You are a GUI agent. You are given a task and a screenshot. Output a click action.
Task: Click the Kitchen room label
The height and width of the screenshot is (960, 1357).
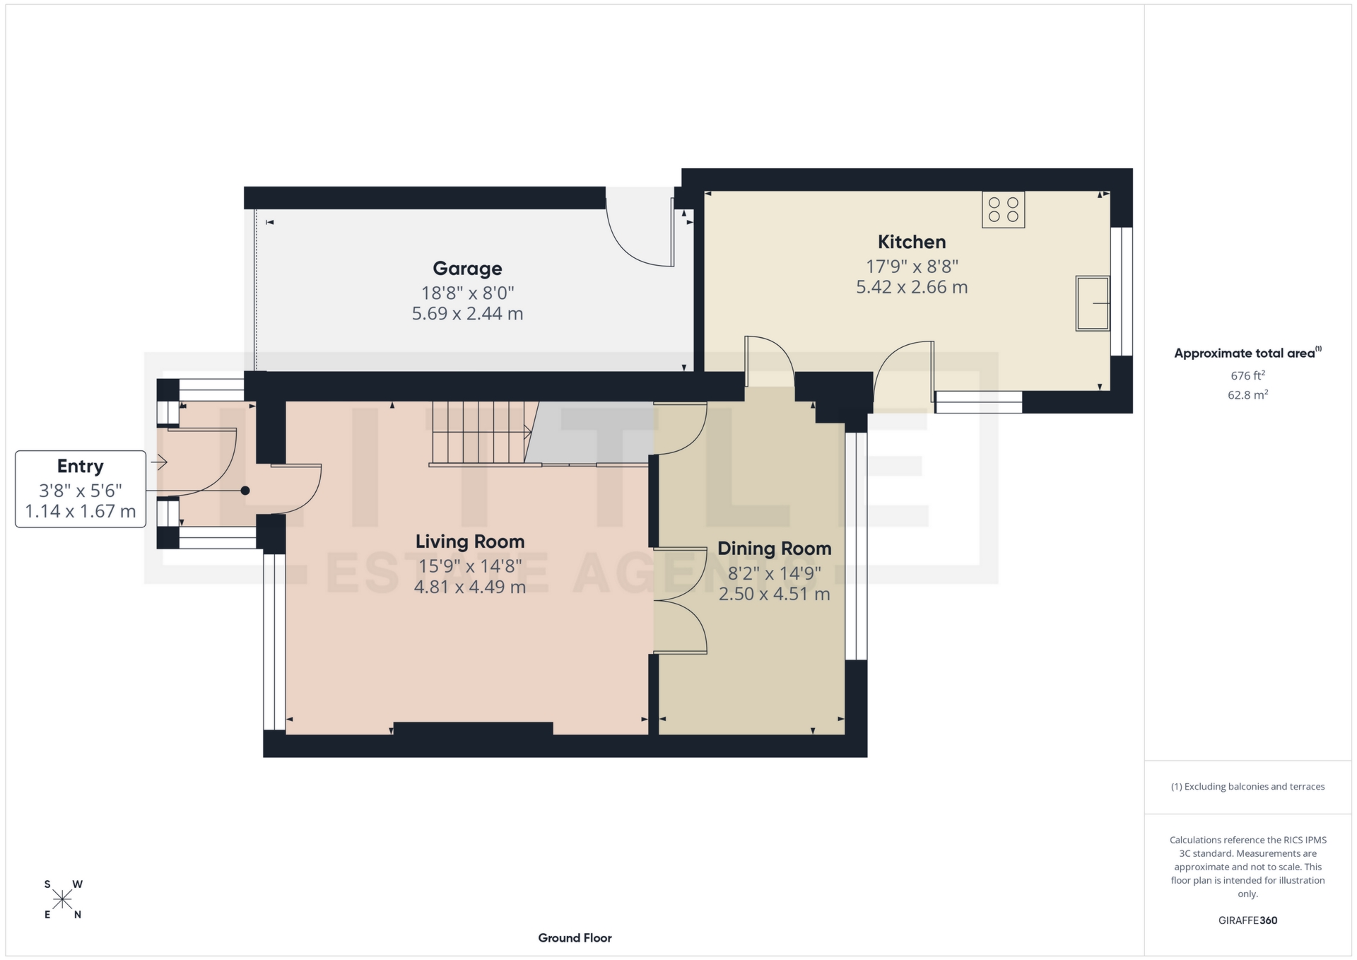pyautogui.click(x=911, y=242)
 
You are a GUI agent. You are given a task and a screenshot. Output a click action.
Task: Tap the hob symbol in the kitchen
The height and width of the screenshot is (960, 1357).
pyautogui.click(x=1003, y=210)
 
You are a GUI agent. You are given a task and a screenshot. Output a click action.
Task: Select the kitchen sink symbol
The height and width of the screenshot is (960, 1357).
pyautogui.click(x=1093, y=303)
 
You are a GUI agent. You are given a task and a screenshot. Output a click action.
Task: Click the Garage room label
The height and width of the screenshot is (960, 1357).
pyautogui.click(x=467, y=269)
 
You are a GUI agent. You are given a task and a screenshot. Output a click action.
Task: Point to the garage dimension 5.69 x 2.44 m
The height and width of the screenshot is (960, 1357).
pyautogui.click(x=467, y=313)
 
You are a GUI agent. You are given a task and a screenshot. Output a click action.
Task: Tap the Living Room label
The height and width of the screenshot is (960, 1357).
pyautogui.click(x=470, y=542)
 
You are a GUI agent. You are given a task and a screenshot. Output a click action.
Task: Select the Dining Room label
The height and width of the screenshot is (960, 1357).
pyautogui.click(x=774, y=549)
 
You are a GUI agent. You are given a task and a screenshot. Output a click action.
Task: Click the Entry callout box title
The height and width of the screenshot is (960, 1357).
pyautogui.click(x=80, y=467)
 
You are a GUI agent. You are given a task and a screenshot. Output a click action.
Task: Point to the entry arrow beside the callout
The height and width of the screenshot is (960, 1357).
pyautogui.click(x=159, y=463)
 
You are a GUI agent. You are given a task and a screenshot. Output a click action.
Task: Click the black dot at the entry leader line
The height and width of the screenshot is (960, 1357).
pyautogui.click(x=245, y=491)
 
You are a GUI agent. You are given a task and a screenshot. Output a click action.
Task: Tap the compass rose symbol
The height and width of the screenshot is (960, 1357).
pyautogui.click(x=63, y=899)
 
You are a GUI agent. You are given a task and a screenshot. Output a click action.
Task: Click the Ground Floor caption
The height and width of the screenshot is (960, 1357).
pyautogui.click(x=575, y=938)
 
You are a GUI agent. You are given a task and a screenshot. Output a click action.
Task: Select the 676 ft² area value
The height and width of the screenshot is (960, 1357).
pyautogui.click(x=1247, y=375)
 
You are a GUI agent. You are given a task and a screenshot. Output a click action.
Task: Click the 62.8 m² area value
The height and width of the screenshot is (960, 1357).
pyautogui.click(x=1247, y=395)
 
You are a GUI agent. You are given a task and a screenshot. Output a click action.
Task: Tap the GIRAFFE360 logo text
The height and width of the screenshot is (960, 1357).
pyautogui.click(x=1247, y=920)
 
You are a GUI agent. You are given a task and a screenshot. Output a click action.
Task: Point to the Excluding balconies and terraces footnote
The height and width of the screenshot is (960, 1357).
pyautogui.click(x=1247, y=787)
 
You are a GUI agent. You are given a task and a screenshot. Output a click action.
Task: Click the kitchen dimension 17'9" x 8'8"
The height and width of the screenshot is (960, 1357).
pyautogui.click(x=912, y=267)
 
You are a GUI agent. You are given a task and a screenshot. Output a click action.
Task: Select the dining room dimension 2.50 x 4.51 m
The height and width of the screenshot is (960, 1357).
pyautogui.click(x=774, y=594)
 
